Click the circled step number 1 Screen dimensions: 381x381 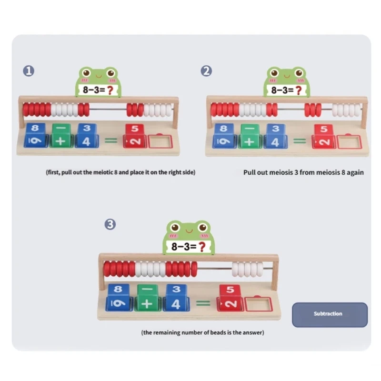29,71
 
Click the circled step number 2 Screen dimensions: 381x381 206,71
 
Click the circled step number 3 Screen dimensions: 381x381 110,224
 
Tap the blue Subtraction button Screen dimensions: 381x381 330,314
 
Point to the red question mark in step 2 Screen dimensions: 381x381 299,90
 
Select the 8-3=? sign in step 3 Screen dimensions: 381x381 189,247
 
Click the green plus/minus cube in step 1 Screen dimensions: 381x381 62,135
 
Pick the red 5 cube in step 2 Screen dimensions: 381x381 323,135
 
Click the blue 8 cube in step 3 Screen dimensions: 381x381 118,297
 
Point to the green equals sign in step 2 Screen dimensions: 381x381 300,140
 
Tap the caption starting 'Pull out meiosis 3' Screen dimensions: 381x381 303,172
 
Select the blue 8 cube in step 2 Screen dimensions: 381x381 223,135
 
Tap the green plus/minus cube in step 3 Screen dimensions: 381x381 148,297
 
